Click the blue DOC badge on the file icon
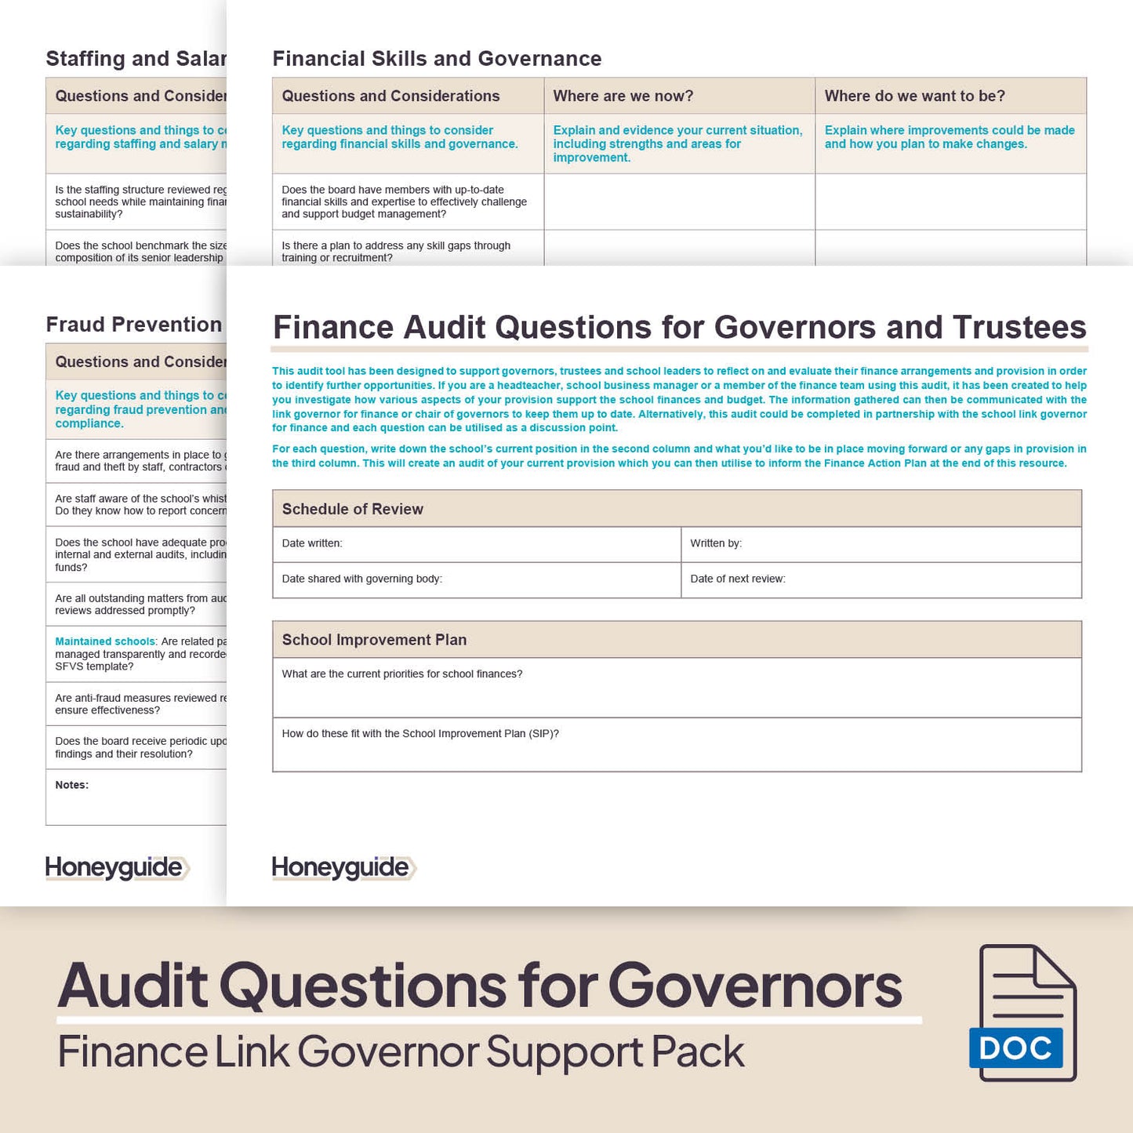1015,1048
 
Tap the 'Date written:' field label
312,543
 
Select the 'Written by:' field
716,543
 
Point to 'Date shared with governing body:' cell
362,579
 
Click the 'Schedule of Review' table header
353,509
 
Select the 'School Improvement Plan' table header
374,640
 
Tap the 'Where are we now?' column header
623,96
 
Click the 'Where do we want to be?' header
914,96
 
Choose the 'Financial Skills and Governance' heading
437,59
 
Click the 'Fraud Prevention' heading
134,325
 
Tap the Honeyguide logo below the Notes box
117,867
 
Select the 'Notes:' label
72,785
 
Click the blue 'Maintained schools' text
105,641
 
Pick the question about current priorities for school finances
402,674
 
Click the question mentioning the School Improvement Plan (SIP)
420,734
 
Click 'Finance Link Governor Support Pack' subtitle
401,1052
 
